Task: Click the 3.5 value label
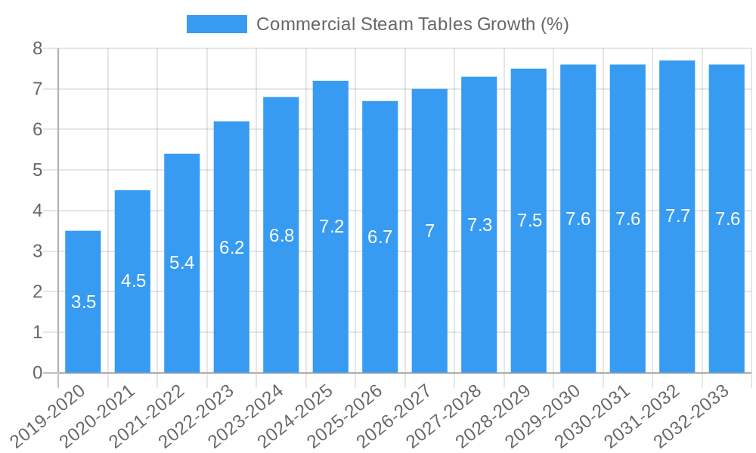coord(84,302)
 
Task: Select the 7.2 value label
coord(331,226)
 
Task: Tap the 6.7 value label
coord(380,237)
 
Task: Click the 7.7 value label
coord(677,217)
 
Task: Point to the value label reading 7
coord(429,231)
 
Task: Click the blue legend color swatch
coord(217,24)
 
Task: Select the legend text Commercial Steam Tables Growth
coord(412,24)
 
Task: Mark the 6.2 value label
coord(231,248)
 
